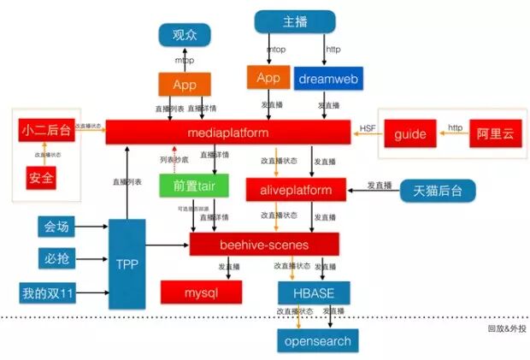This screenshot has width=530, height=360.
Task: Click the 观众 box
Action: tap(185, 35)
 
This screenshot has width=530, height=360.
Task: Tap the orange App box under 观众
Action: tap(185, 85)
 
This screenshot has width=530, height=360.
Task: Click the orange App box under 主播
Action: tap(268, 78)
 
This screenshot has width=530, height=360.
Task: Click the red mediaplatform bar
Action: tap(227, 133)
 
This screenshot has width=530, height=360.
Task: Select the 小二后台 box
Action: tap(45, 132)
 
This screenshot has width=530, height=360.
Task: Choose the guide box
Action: tap(409, 135)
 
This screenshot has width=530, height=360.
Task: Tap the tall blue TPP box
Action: tap(127, 264)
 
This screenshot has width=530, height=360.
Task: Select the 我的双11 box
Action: tap(50, 294)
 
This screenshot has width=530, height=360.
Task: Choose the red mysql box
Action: tap(202, 292)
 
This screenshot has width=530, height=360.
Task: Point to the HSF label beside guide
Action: tap(368, 128)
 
